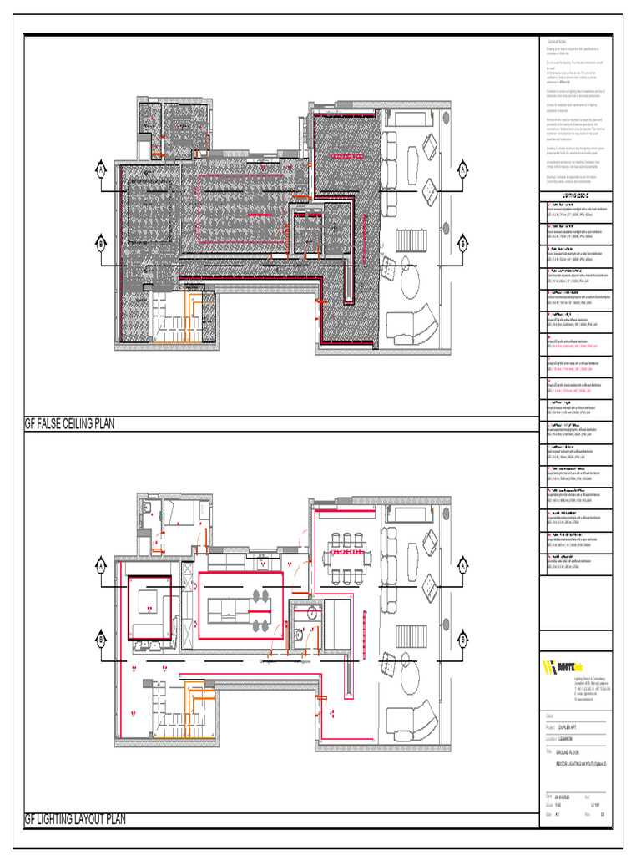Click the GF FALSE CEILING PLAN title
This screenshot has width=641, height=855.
tap(69, 424)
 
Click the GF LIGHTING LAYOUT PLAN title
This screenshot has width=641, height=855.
tap(75, 820)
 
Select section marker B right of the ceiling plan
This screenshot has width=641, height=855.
tap(462, 244)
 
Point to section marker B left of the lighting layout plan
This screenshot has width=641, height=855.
tap(100, 640)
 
